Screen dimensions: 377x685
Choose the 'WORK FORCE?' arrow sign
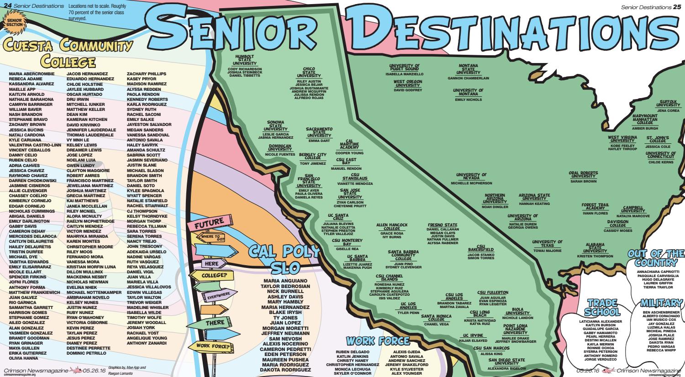pyautogui.click(x=211, y=346)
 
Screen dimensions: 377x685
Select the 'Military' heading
pyautogui.click(x=661, y=303)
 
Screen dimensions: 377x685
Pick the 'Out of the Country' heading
pyautogui.click(x=655, y=258)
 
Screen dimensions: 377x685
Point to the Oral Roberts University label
pyautogui.click(x=583, y=175)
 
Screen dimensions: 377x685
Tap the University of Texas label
pyautogui.click(x=547, y=244)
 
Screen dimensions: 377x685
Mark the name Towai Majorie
pyautogui.click(x=547, y=251)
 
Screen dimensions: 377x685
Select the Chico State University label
pyautogui.click(x=309, y=73)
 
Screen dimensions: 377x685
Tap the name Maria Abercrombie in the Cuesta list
pyautogui.click(x=32, y=73)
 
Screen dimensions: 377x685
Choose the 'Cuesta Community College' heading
pyautogui.click(x=68, y=53)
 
